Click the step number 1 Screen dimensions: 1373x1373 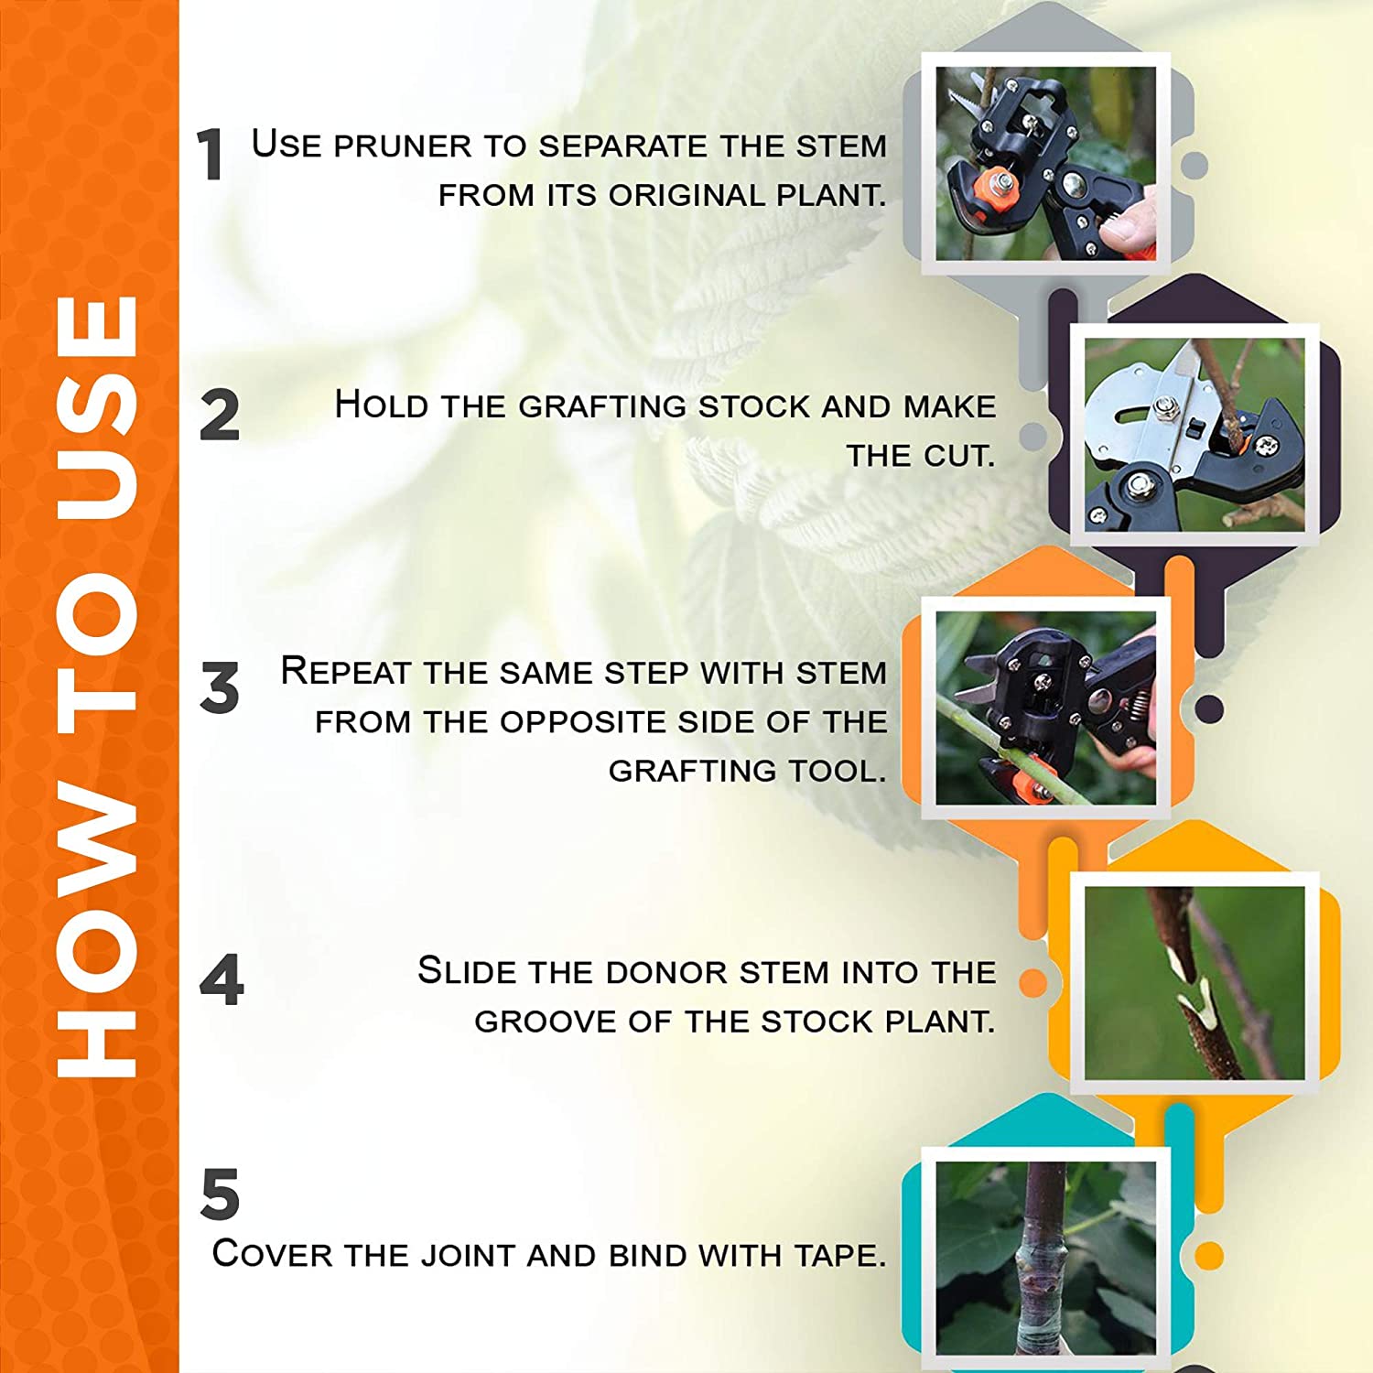click(211, 154)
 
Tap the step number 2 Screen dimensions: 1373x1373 click(220, 416)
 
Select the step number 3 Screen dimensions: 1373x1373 click(220, 687)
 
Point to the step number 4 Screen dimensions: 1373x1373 click(222, 979)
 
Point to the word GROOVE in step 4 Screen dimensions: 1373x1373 click(546, 1022)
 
